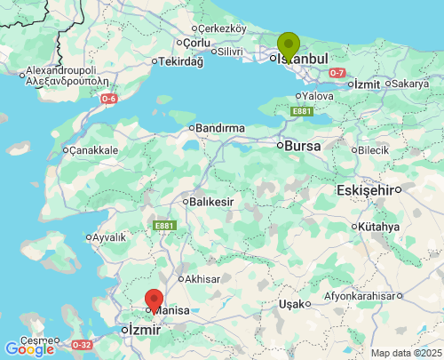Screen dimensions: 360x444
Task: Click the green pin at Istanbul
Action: [289, 44]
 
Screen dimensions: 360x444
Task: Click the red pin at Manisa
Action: [155, 300]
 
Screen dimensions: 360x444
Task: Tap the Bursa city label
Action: [302, 144]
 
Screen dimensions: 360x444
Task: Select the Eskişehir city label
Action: [365, 190]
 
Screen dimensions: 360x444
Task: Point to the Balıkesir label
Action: [212, 202]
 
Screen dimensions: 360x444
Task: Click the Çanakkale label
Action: [93, 150]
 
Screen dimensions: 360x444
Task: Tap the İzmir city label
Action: [144, 330]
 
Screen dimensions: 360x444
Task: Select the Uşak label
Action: [290, 304]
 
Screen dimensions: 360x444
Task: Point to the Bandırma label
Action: [219, 129]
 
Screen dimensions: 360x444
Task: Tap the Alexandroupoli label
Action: [61, 70]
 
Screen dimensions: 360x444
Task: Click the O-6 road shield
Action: [107, 99]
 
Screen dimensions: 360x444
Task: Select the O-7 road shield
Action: [337, 72]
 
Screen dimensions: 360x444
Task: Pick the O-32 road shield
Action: [82, 344]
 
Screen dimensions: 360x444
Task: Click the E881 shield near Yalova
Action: [301, 111]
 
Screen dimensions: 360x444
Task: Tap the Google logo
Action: [29, 349]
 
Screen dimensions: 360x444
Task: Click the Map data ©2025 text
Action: [406, 353]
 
